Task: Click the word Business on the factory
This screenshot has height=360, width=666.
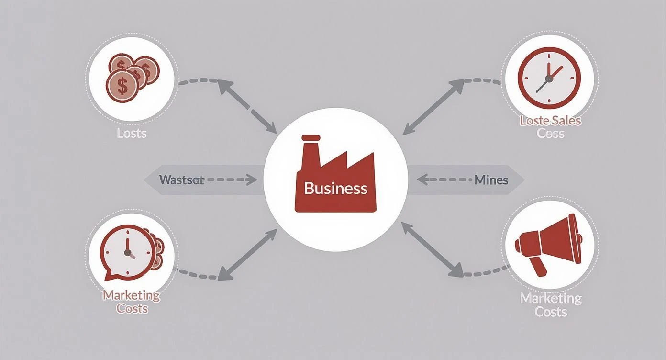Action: click(335, 188)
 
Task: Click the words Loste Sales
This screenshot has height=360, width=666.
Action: click(550, 120)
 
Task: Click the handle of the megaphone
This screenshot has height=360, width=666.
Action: click(540, 266)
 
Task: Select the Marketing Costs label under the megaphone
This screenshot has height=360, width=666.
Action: click(551, 305)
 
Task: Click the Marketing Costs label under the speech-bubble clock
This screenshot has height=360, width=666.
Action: click(132, 302)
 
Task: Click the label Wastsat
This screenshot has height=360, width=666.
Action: click(175, 180)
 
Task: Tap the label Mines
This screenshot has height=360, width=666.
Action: click(491, 180)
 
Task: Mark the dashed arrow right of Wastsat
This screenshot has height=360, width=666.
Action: click(232, 180)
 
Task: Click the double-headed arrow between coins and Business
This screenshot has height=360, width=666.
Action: click(247, 107)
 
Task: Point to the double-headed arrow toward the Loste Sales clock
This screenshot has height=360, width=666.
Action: click(433, 107)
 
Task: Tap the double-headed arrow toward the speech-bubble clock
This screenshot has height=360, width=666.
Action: click(247, 254)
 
